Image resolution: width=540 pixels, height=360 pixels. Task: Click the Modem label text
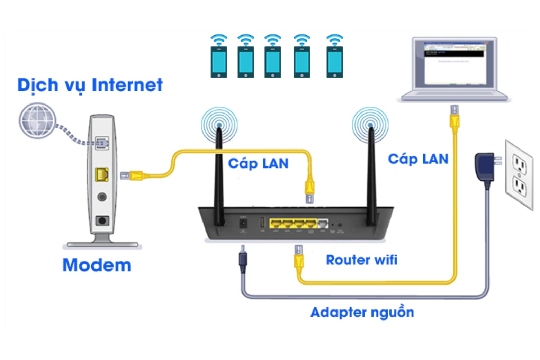[x=97, y=265]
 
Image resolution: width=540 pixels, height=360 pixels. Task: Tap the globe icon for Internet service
[x=37, y=120]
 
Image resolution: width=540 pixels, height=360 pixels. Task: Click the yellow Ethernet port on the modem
[x=102, y=174]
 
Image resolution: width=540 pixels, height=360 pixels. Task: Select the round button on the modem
[x=102, y=197]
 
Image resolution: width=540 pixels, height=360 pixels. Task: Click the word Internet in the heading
[x=127, y=85]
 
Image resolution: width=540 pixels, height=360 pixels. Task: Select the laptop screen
[x=454, y=63]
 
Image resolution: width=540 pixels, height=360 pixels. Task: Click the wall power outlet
[x=519, y=175]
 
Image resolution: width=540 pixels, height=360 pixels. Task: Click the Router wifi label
[x=361, y=260]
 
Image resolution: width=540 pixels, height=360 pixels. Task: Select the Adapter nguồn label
[x=362, y=312]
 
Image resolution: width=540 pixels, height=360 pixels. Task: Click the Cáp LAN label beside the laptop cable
[x=418, y=159]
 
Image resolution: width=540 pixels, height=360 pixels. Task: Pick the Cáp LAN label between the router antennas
[x=258, y=163]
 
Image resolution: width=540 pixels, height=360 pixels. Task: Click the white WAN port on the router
[x=323, y=223]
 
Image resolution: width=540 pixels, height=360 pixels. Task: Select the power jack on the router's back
[x=243, y=223]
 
